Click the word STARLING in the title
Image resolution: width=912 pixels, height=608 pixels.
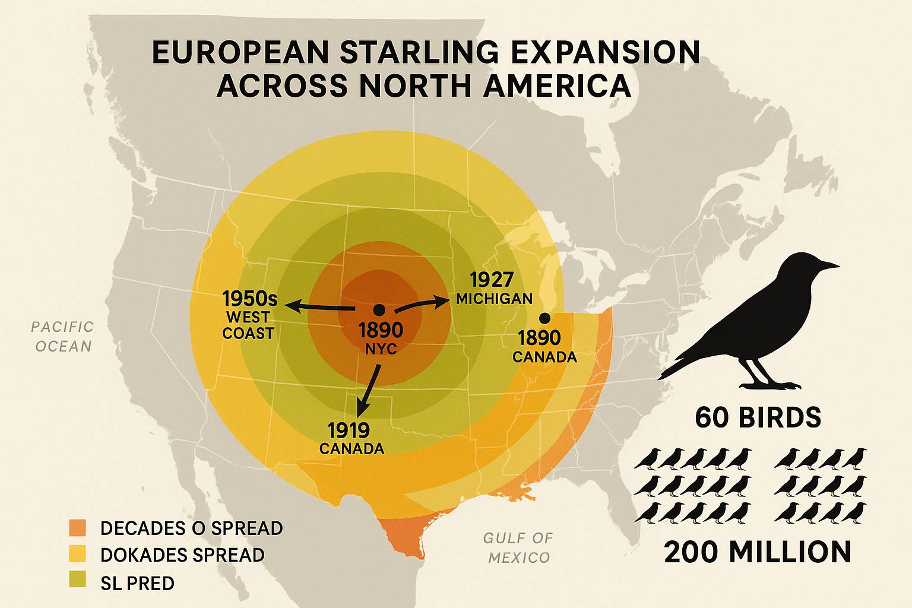coord(419,52)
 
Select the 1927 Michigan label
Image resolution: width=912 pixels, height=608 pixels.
coord(493,289)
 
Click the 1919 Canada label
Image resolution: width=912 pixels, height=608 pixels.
coord(351,438)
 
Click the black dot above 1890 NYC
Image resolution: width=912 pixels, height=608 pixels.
coord(379,309)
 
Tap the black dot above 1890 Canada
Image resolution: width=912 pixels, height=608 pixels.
coord(544,318)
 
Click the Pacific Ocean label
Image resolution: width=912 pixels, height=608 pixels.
coord(63,336)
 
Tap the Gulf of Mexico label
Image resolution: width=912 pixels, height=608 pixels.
coord(518,547)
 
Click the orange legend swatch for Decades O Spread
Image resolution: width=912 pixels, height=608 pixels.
coord(78,527)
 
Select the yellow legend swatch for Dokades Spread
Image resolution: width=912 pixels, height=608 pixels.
coord(78,553)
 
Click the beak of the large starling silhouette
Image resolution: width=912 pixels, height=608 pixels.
coord(831,265)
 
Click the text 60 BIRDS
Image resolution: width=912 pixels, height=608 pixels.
coord(758,417)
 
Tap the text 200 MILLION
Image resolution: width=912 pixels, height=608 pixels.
coord(758,552)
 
